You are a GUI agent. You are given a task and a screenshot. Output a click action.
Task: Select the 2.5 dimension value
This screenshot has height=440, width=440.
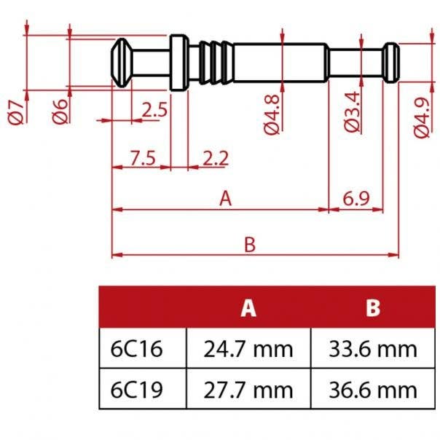pyautogui.click(x=154, y=111)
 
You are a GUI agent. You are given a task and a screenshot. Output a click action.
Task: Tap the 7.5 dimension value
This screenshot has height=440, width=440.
pyautogui.click(x=142, y=157)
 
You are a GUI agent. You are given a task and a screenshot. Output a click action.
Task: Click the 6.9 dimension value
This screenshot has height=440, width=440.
pyautogui.click(x=356, y=199)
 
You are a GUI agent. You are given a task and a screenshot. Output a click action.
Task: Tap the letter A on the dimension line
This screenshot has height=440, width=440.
pyautogui.click(x=225, y=199)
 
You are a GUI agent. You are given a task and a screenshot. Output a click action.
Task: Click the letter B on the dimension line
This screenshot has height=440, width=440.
pyautogui.click(x=250, y=245)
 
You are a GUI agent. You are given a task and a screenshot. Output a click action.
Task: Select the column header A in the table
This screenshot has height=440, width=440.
pyautogui.click(x=249, y=308)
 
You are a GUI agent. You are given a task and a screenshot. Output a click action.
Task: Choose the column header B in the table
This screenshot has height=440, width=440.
pyautogui.click(x=373, y=308)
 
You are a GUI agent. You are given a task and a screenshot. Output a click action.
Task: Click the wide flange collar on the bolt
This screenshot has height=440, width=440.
pyautogui.click(x=178, y=63)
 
